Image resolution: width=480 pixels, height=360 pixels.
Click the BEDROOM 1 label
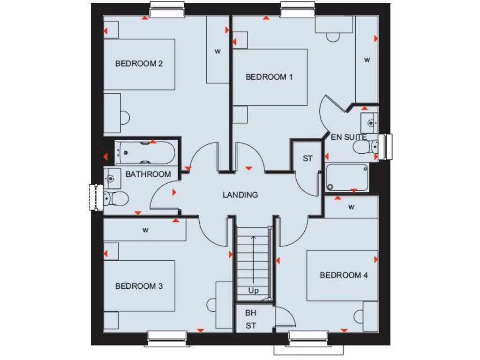click(269, 77)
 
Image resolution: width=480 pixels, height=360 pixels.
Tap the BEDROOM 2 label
click(139, 64)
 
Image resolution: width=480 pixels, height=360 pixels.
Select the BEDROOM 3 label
click(139, 286)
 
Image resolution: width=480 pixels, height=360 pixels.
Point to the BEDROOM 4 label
click(344, 275)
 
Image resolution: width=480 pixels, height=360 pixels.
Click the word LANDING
click(240, 195)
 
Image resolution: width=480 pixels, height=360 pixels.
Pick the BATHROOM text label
click(148, 174)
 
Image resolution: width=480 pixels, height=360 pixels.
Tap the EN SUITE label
click(349, 137)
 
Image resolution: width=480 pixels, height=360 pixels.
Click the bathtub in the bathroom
click(145, 153)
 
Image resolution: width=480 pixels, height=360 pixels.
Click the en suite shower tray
click(347, 178)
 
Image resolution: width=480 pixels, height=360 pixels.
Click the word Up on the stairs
click(253, 291)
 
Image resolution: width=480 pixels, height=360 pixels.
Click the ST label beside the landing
click(307, 158)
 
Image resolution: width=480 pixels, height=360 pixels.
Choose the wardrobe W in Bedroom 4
click(351, 207)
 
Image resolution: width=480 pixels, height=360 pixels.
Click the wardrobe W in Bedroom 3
click(145, 230)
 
